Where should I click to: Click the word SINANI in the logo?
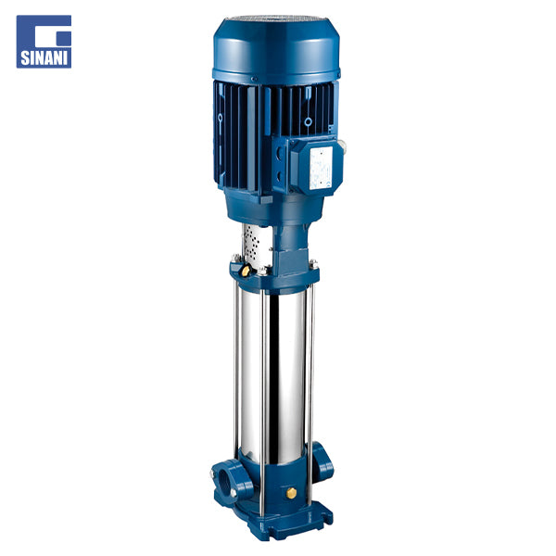44,58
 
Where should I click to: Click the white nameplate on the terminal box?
321,168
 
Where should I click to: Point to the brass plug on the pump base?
291,493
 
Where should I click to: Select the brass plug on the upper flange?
246,271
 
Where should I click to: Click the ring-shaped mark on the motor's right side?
309,122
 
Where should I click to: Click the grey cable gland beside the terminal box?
342,145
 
